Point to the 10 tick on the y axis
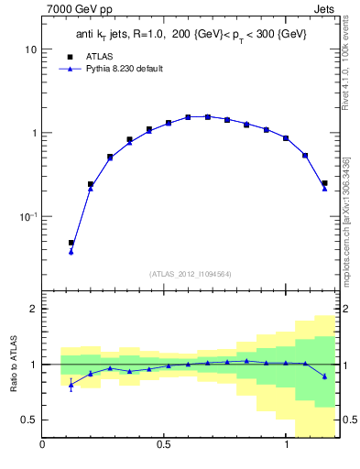pos(30,49)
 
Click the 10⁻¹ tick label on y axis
pos(27,216)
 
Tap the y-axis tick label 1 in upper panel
pos(33,133)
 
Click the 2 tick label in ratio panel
pos(33,309)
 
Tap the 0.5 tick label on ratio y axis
pos(28,420)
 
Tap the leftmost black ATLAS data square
pos(71,243)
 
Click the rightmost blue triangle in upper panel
pos(324,189)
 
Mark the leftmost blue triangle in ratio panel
pos(71,386)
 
